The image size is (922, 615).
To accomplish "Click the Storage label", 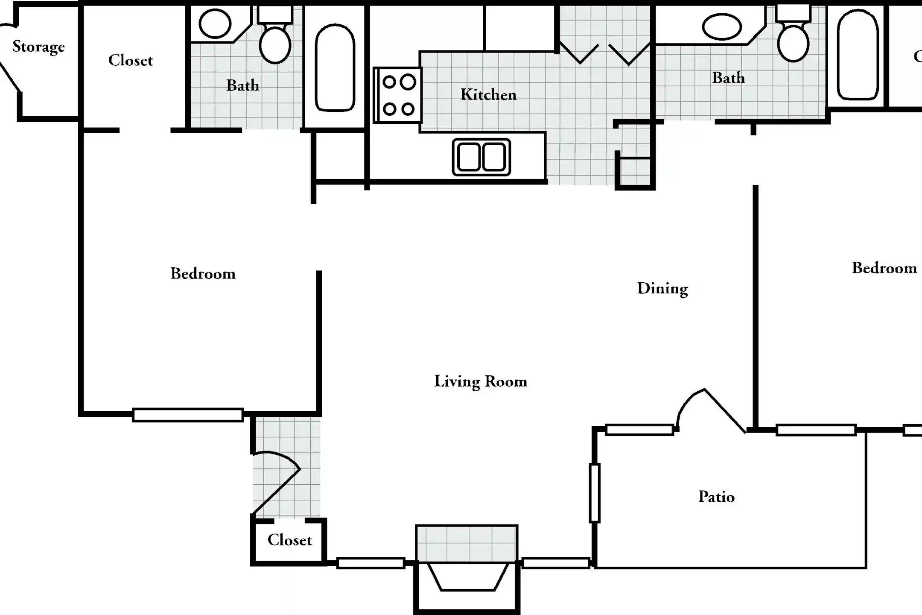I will coord(38,47).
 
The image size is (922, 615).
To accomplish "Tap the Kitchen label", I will coord(488,95).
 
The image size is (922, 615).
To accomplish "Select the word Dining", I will coord(662,289).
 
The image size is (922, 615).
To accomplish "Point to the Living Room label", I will coord(481,381).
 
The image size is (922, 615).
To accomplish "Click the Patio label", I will coord(716,497).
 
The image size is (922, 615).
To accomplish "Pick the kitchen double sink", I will coord(481,157).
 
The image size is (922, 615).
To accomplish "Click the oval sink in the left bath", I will coord(215,23).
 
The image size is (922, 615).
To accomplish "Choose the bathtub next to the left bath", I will coord(335,67).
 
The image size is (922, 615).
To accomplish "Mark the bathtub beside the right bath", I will coord(858,55).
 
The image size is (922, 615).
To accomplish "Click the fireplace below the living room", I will coord(467,577).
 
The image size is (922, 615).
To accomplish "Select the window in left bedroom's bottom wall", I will coord(187,415).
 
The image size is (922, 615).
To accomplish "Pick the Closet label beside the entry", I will coord(289,540).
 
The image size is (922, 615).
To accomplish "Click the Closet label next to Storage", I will coord(130,61).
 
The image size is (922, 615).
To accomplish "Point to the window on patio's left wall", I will coord(594,493).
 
